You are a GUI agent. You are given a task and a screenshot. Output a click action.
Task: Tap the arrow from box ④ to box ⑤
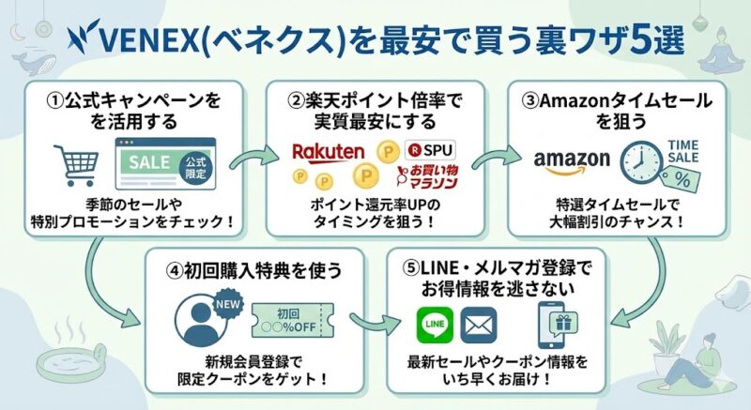pyautogui.click(x=370, y=323)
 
